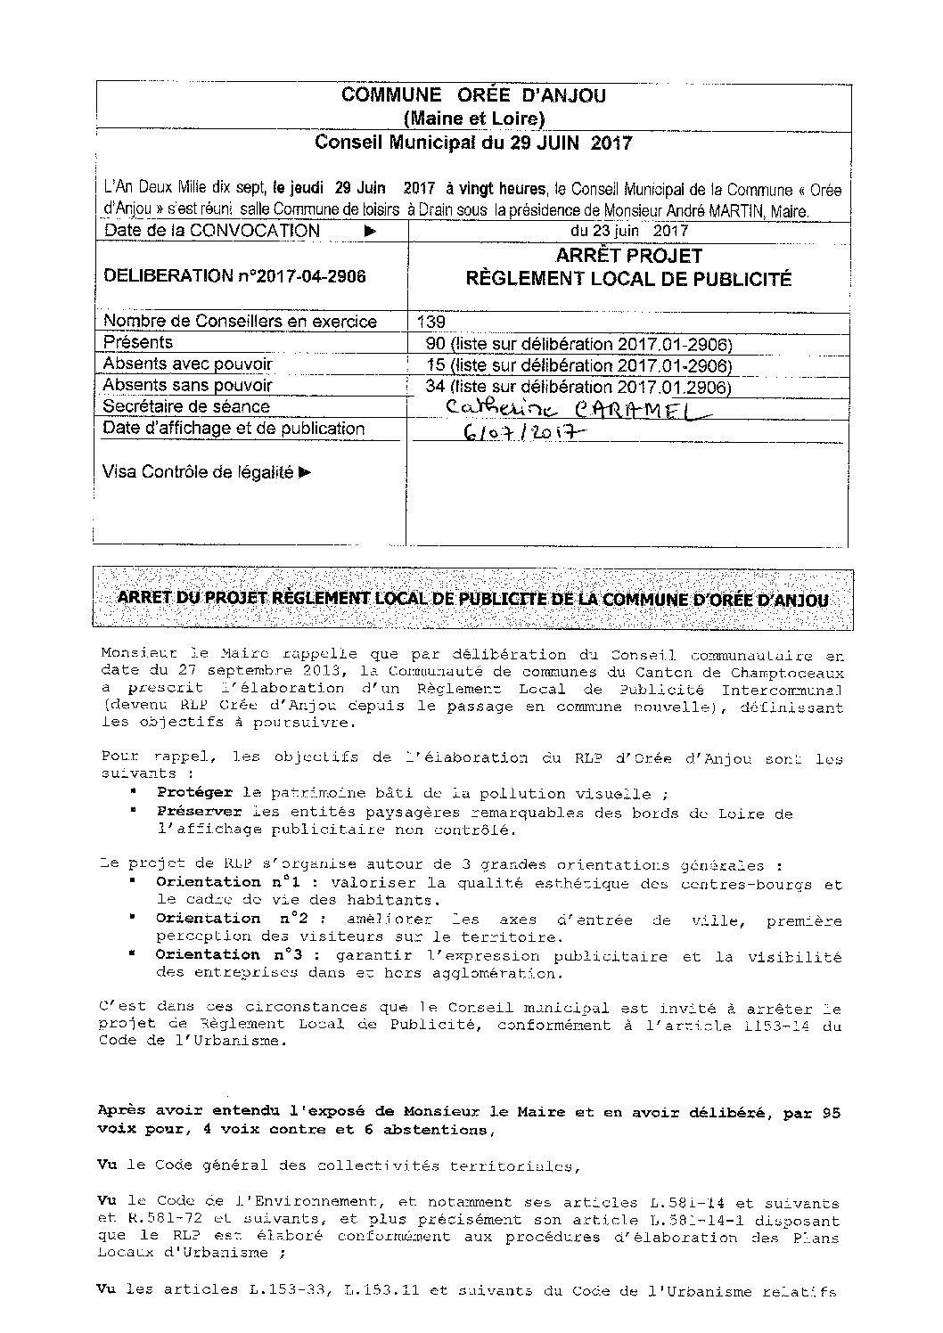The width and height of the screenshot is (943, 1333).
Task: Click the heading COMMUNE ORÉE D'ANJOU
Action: tap(473, 95)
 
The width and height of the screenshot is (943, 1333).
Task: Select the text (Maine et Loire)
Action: tap(473, 118)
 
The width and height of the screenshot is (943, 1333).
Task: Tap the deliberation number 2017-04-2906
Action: tap(234, 276)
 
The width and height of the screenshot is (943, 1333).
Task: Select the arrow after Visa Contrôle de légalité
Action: tap(305, 472)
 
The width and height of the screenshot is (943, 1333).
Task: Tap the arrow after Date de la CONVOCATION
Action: tap(371, 231)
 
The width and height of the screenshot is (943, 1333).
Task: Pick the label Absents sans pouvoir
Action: tap(188, 386)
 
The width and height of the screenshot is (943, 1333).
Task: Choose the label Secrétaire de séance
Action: tap(186, 407)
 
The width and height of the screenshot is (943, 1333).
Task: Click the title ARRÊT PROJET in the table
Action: tap(628, 257)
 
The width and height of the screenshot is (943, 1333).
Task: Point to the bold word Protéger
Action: tap(194, 793)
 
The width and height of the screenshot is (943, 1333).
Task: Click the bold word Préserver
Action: tap(199, 813)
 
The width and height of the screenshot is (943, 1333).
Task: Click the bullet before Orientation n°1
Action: tap(132, 881)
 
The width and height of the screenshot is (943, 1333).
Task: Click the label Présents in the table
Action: tap(137, 343)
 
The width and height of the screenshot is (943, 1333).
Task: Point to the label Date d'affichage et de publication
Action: tap(234, 429)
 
